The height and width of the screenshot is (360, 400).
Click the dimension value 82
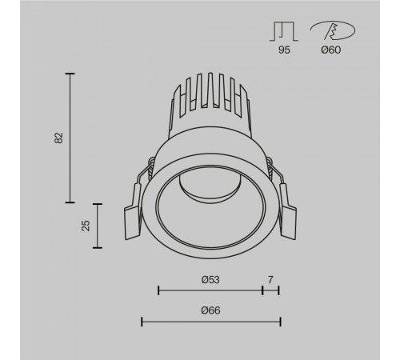coord(58,138)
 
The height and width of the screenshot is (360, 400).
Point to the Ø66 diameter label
coord(210,310)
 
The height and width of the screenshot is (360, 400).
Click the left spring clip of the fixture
coord(134,218)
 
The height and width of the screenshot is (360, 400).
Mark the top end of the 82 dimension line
coord(70,74)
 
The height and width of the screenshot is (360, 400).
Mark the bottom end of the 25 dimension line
coord(98,249)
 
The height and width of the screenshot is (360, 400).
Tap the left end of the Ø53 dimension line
coord(158,290)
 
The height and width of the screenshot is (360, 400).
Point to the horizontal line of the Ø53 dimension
coord(210,290)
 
